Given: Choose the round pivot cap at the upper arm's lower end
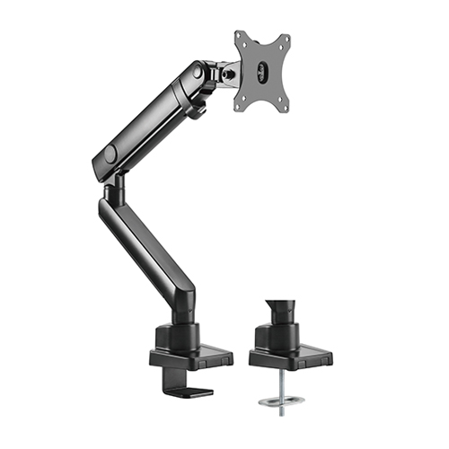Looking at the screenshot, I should pyautogui.click(x=110, y=154).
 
